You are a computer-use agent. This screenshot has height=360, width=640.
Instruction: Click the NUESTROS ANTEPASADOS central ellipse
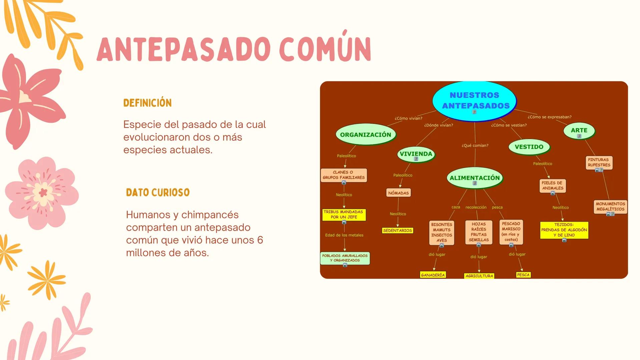[474, 101]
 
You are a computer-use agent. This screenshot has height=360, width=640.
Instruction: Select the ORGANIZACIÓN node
[366, 135]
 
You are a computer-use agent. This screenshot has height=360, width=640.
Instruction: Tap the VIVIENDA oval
[416, 154]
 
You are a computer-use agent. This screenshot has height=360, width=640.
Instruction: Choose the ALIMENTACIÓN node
[475, 178]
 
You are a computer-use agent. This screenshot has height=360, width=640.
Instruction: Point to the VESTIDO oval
[529, 147]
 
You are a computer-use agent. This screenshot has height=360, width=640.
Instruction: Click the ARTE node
[579, 131]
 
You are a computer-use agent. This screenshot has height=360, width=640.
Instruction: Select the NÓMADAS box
[398, 193]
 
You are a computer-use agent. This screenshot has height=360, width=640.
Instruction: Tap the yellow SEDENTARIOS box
[398, 231]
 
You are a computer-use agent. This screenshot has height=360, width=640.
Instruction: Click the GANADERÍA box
[433, 275]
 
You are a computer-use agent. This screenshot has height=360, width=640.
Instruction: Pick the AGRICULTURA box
[479, 276]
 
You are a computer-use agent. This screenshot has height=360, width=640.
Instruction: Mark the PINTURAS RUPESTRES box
[599, 163]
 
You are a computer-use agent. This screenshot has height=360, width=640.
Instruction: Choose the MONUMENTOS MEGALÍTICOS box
[610, 207]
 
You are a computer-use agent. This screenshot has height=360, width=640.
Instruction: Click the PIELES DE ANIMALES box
[552, 186]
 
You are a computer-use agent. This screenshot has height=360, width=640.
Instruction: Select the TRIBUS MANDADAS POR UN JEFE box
[344, 214]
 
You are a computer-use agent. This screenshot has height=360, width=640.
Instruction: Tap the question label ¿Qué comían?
[475, 146]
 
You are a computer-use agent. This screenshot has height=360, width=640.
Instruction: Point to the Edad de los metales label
[344, 235]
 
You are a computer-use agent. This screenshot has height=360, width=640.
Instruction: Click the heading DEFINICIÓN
[147, 103]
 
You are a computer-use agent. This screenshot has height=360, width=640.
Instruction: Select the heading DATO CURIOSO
[158, 193]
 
